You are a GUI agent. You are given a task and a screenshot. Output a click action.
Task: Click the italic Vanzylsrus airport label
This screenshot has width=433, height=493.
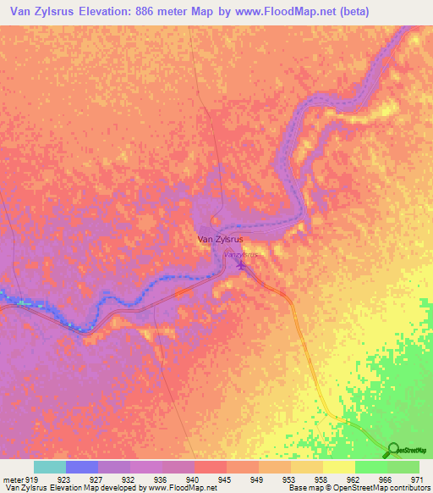tap(239, 253)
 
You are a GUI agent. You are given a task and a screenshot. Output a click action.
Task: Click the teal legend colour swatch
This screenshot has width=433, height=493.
tap(50, 467)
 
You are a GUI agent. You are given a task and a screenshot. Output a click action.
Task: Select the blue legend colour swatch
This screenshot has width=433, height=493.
tap(82, 467)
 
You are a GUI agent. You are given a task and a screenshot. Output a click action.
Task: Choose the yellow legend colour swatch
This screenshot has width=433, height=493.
tap(339, 467)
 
